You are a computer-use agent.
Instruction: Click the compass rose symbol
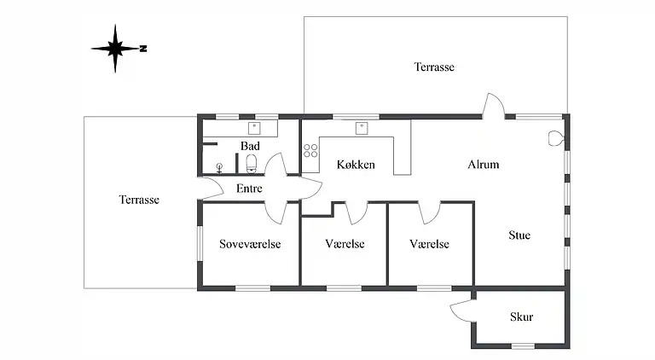[116, 49]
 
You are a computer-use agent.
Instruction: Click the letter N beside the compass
[144, 49]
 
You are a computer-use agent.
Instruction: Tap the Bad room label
[250, 146]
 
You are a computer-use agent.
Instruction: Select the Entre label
[248, 189]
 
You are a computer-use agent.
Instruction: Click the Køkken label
[356, 165]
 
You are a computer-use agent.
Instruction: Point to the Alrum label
[483, 165]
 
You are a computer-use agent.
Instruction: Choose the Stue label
[519, 235]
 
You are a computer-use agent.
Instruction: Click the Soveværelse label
[250, 244]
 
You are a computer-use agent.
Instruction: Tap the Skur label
[521, 317]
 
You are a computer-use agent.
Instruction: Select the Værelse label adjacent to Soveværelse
[345, 244]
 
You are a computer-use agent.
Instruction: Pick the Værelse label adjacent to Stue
[429, 244]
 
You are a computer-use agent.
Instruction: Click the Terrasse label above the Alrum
[434, 67]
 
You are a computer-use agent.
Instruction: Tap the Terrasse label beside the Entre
[139, 200]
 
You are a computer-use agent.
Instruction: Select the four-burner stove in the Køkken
[310, 152]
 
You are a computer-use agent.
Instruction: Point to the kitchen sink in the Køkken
[362, 128]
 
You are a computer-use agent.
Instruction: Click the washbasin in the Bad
[254, 128]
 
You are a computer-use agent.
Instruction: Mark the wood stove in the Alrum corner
[557, 136]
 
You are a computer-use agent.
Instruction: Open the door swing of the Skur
[461, 311]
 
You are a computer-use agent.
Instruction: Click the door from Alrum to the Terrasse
[493, 107]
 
